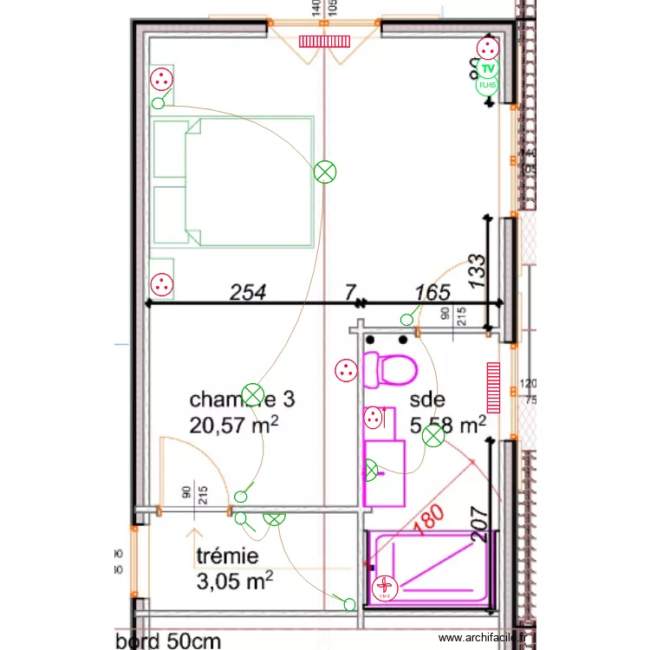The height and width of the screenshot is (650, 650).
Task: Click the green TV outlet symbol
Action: [x=487, y=68]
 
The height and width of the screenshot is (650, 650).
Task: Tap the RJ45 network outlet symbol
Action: [x=487, y=85]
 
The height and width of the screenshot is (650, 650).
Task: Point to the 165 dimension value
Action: [x=432, y=293]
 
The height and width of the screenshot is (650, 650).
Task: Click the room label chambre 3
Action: [x=242, y=400]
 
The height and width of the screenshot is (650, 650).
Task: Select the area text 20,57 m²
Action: [x=234, y=424]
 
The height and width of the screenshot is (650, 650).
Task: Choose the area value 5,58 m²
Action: [x=447, y=425]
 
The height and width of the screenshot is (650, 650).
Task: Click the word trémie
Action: [x=227, y=556]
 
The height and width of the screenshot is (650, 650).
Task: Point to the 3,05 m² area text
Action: [x=236, y=579]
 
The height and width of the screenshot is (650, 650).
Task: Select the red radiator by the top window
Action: [x=322, y=41]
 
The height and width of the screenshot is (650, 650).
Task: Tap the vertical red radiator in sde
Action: [x=494, y=387]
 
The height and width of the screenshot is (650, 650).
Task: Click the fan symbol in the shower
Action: [x=383, y=590]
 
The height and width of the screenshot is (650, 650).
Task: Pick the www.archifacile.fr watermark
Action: [x=484, y=638]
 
